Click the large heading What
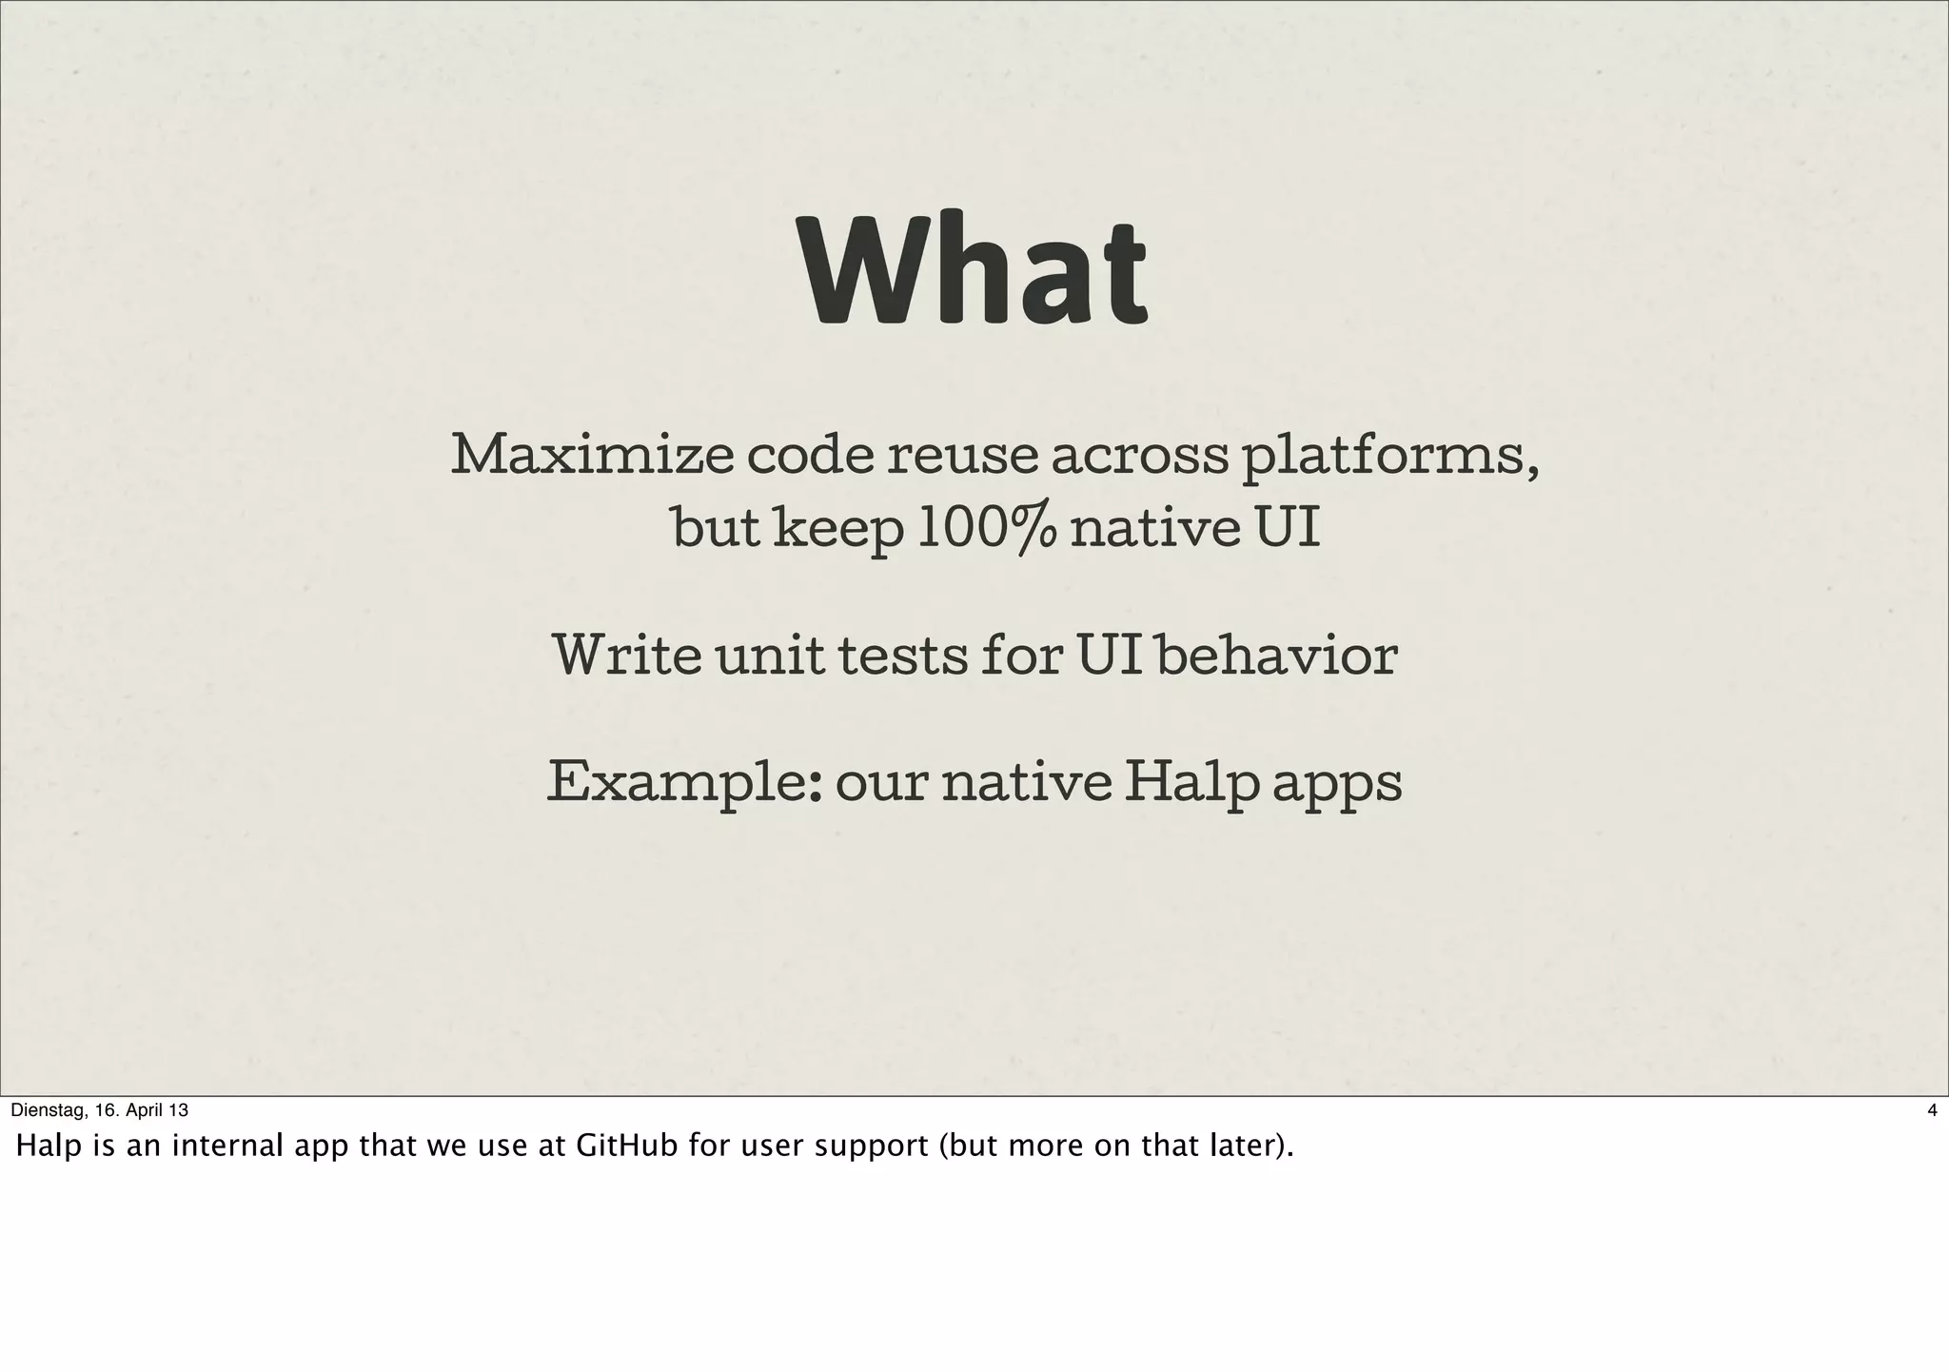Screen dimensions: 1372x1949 pos(974,271)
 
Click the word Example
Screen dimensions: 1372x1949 pos(682,784)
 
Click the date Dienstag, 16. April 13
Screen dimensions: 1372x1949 pos(100,1110)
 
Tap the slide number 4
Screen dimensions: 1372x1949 pos(1931,1110)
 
